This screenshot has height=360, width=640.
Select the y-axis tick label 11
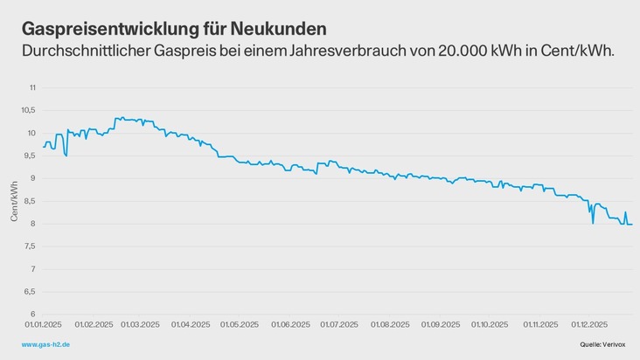click(32, 88)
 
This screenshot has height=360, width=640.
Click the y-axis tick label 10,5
click(30, 111)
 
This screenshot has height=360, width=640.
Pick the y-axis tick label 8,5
click(31, 201)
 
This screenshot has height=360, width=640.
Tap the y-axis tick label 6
click(33, 315)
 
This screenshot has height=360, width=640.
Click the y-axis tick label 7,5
click(31, 246)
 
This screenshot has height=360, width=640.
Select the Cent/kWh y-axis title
click(14, 201)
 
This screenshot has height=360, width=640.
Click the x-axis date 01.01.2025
click(44, 325)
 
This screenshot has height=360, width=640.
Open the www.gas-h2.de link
click(45, 346)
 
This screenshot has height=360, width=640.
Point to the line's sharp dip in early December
click(593, 223)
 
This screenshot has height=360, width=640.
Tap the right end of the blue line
click(632, 225)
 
